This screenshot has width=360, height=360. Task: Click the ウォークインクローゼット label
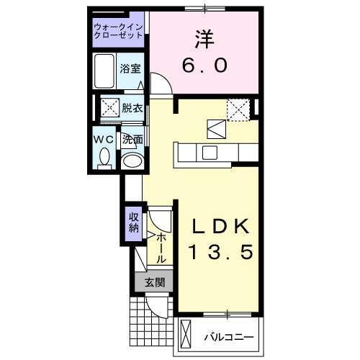[x=118, y=32]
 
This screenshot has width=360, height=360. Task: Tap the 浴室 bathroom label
[x=130, y=69]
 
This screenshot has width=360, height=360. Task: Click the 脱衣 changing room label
[x=131, y=109]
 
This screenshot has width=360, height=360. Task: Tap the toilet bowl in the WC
[x=104, y=156]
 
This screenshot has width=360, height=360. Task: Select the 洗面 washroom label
[x=132, y=140]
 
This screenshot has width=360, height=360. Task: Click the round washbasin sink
[x=131, y=160]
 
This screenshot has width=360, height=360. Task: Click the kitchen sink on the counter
[x=210, y=152]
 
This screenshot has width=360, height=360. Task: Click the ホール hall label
[x=161, y=246]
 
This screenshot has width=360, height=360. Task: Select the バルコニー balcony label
[x=228, y=337]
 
